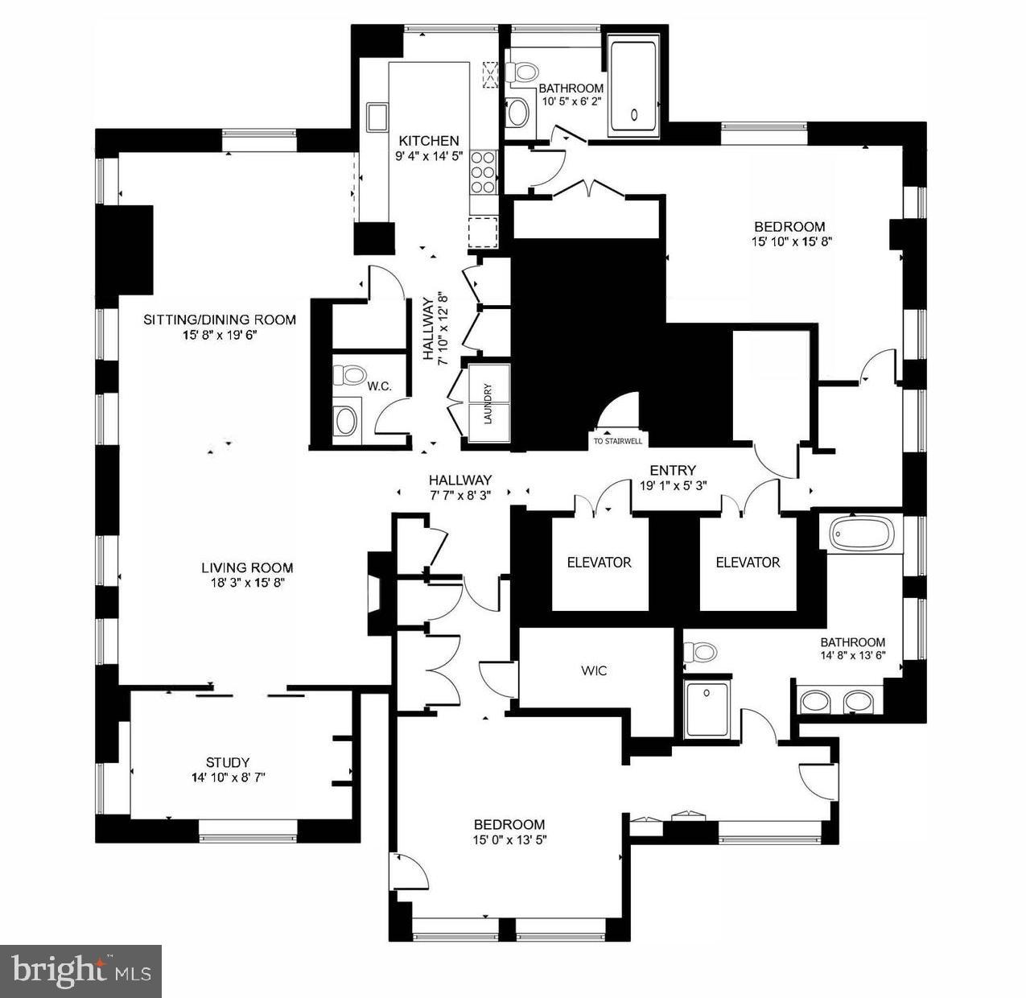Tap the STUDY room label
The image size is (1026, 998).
tap(228, 762)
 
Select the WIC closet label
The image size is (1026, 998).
tap(594, 670)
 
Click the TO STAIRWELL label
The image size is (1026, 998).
tap(616, 441)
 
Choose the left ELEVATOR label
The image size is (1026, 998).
tap(599, 563)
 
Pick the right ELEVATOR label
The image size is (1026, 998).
tap(748, 563)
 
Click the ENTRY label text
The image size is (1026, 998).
tap(673, 471)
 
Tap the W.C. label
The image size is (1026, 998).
tap(380, 387)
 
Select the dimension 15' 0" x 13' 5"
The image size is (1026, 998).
tap(509, 839)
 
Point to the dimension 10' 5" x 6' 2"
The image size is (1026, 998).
tap(571, 101)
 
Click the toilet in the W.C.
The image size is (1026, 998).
tap(350, 375)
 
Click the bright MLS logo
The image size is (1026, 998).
tap(80, 971)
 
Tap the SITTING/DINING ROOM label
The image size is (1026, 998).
tap(220, 320)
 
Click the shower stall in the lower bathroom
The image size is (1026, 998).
tap(706, 709)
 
